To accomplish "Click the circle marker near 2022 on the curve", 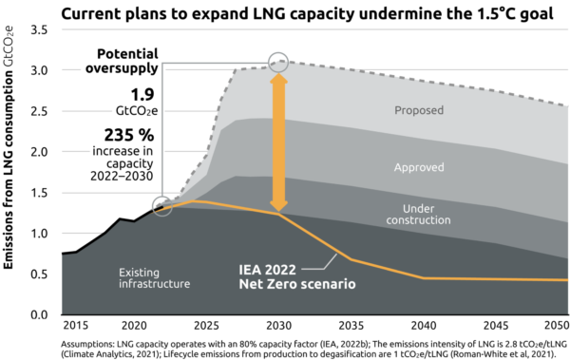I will click(x=163, y=205).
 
